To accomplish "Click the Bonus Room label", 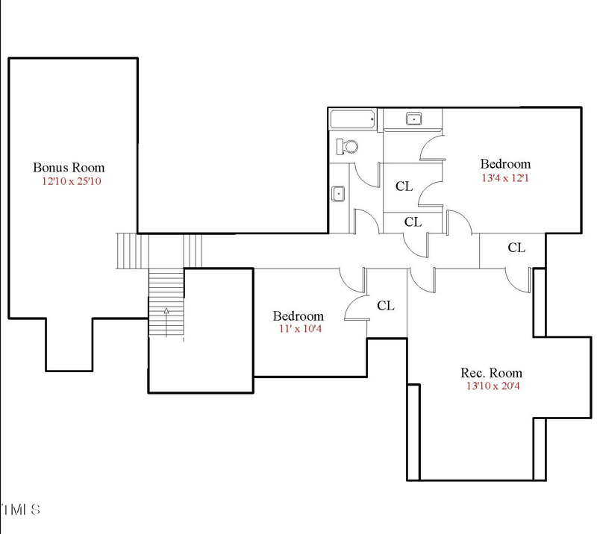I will click(x=69, y=168).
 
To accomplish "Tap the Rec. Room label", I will click(x=490, y=373).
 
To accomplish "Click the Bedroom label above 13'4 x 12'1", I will click(x=505, y=164).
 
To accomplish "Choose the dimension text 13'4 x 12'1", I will click(x=505, y=178).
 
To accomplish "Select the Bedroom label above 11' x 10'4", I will click(x=298, y=316).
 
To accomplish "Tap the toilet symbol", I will click(x=346, y=146).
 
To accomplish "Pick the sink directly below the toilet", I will click(x=338, y=194).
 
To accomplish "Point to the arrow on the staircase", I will click(x=166, y=311).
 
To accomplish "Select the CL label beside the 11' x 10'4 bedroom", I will click(x=385, y=306).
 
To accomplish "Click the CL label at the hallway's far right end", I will click(x=516, y=248).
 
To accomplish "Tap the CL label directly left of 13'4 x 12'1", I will click(x=404, y=186).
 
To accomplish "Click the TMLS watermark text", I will click(x=20, y=510).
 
